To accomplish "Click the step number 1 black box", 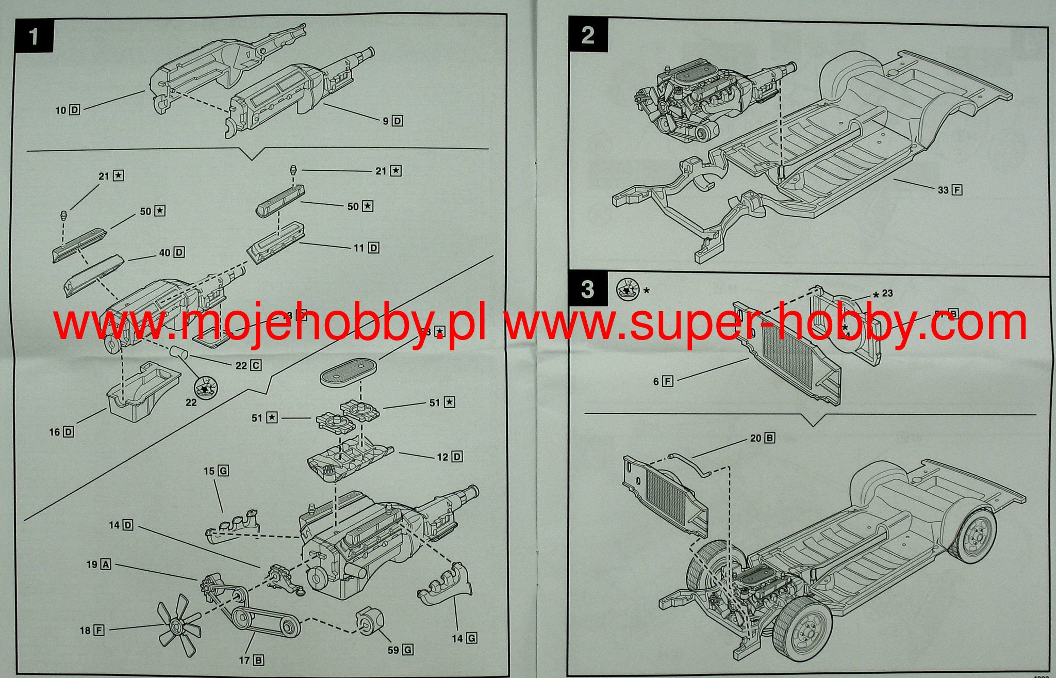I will coord(34,37).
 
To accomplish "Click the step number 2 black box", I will coord(587,35).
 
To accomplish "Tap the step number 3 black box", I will coord(587,289).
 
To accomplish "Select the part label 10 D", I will coord(68,110).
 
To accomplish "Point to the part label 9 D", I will coord(392,121).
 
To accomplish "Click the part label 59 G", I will coord(400,650).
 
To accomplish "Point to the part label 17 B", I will coord(252,660).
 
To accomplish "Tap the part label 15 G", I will coord(216,471).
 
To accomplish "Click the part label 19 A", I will coord(98,564).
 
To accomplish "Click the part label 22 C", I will coord(248,366).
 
